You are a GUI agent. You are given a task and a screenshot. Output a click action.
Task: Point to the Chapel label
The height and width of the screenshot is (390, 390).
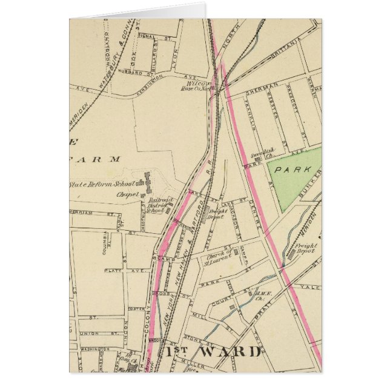tap(128, 195)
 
